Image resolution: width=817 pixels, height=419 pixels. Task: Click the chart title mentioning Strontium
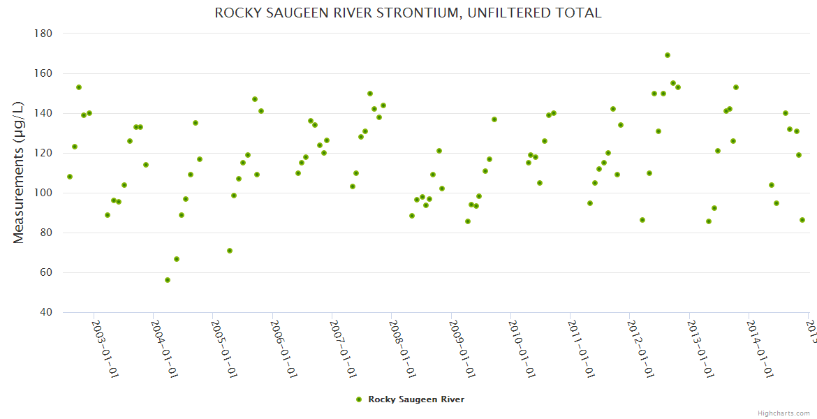click(408, 13)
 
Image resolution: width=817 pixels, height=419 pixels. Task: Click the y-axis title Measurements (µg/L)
click(19, 172)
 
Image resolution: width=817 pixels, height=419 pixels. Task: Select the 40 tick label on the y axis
click(45, 312)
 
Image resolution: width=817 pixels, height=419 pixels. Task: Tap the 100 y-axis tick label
click(43, 193)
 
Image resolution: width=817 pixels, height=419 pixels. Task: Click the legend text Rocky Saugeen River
click(416, 399)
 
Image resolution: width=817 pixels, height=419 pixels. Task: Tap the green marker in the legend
click(359, 399)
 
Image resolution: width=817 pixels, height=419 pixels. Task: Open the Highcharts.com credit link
click(784, 413)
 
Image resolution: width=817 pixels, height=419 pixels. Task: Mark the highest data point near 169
click(668, 55)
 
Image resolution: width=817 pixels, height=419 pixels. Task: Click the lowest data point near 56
click(168, 280)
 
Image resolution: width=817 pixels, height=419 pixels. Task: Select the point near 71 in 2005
click(230, 251)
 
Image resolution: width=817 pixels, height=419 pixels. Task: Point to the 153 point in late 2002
click(79, 87)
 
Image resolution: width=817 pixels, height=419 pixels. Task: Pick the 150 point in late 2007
click(370, 94)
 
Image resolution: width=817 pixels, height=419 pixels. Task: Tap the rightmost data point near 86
click(802, 220)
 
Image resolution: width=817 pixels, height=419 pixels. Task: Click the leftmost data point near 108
click(70, 177)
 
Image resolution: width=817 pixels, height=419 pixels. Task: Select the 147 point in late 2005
click(255, 99)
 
